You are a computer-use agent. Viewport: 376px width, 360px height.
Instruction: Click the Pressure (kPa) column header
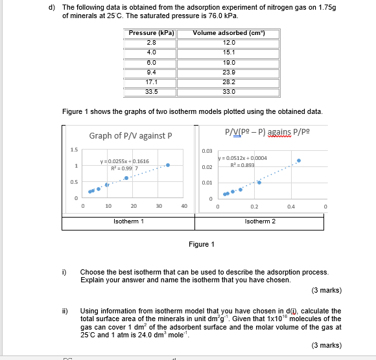tap(152, 33)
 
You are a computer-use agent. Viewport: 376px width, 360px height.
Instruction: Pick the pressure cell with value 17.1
tap(152, 82)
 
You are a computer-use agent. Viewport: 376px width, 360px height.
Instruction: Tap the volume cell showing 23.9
tap(228, 72)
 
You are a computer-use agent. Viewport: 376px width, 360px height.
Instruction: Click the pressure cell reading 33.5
tap(152, 92)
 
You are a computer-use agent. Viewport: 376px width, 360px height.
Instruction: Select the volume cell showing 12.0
tap(228, 43)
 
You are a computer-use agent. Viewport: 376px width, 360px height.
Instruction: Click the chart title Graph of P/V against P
tap(130, 136)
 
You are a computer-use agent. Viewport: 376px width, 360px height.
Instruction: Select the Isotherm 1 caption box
tap(129, 221)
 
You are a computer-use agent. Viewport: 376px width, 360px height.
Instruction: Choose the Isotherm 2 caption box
tap(260, 221)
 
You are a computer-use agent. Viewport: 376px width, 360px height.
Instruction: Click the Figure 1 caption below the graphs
tap(201, 244)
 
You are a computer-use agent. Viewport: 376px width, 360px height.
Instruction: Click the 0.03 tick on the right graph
tap(207, 151)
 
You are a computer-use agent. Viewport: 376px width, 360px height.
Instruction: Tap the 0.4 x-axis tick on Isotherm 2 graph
tap(291, 207)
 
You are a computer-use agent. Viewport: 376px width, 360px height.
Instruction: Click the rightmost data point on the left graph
tap(168, 165)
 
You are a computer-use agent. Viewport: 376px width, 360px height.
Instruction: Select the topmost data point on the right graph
tap(299, 160)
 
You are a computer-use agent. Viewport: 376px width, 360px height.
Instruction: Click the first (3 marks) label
tap(326, 290)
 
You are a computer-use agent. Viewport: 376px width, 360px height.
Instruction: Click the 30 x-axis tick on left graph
tap(159, 207)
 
